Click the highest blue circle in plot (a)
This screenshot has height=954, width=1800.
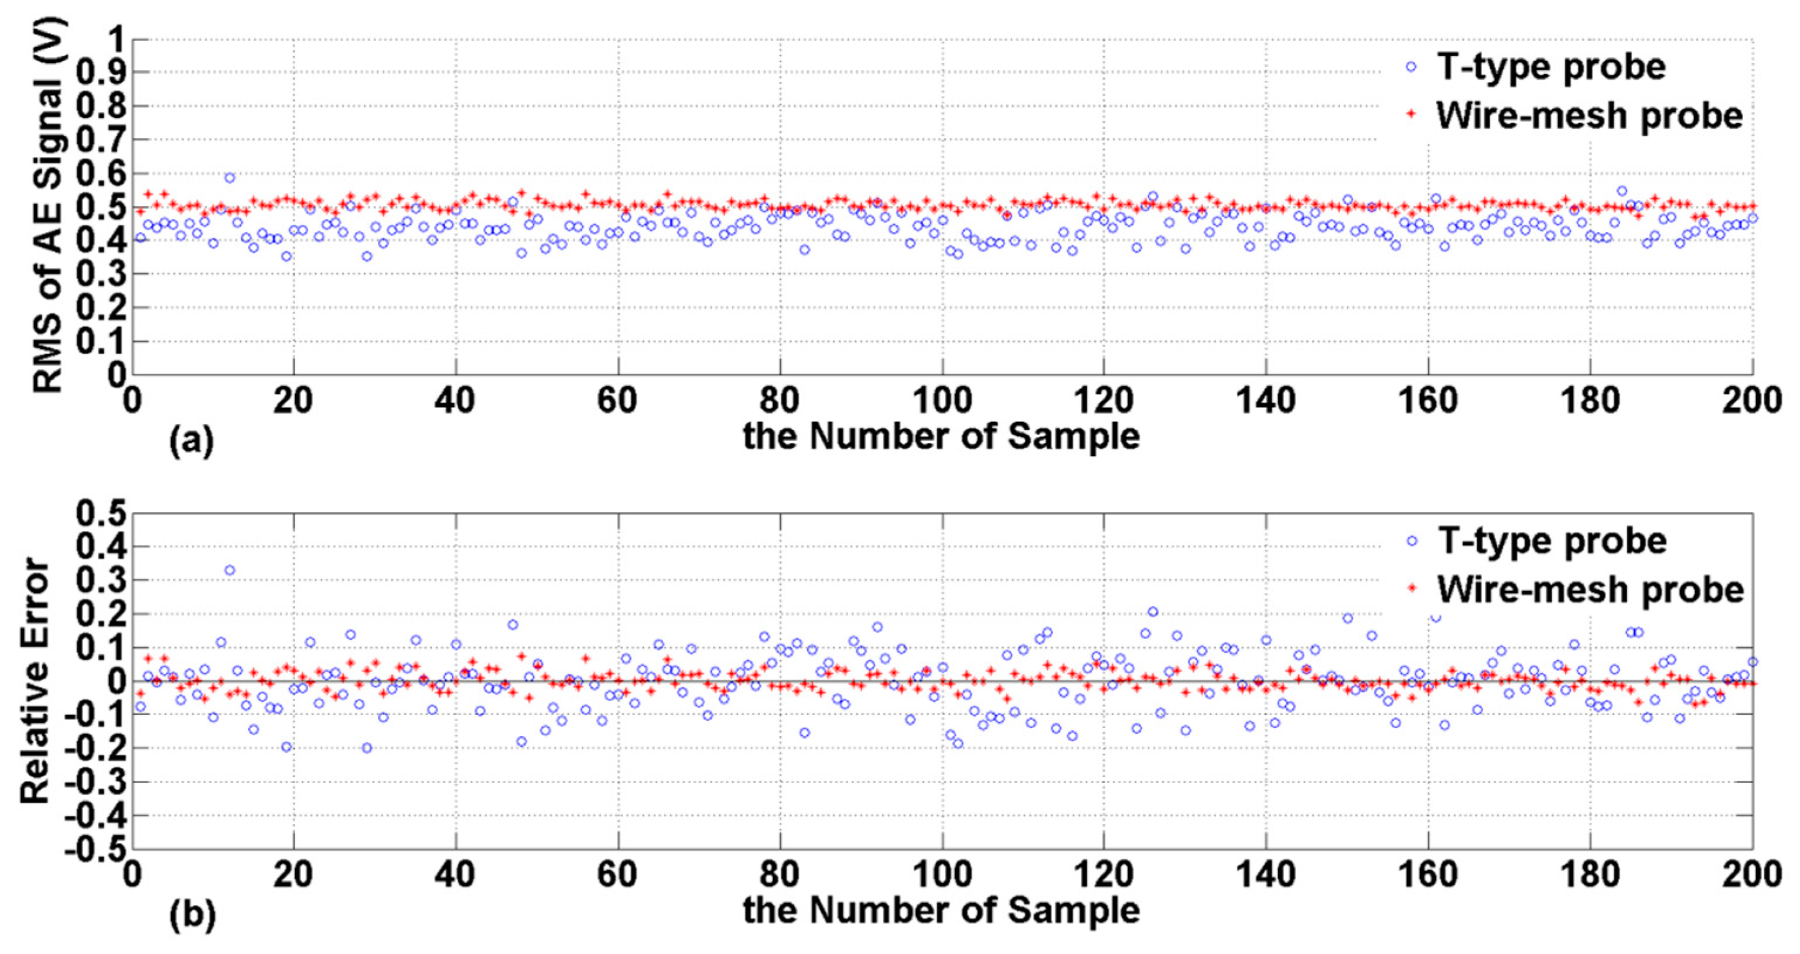tap(229, 177)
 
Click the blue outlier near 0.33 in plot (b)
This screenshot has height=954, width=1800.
tap(229, 570)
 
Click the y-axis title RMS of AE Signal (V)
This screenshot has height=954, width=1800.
tap(49, 206)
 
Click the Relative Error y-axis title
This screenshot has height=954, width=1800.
tap(35, 680)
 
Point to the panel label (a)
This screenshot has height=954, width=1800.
tap(192, 441)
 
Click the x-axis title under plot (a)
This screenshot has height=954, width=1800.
tap(941, 437)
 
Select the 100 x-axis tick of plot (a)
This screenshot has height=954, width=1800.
tap(941, 400)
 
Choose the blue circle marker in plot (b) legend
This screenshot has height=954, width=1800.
tap(1412, 541)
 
